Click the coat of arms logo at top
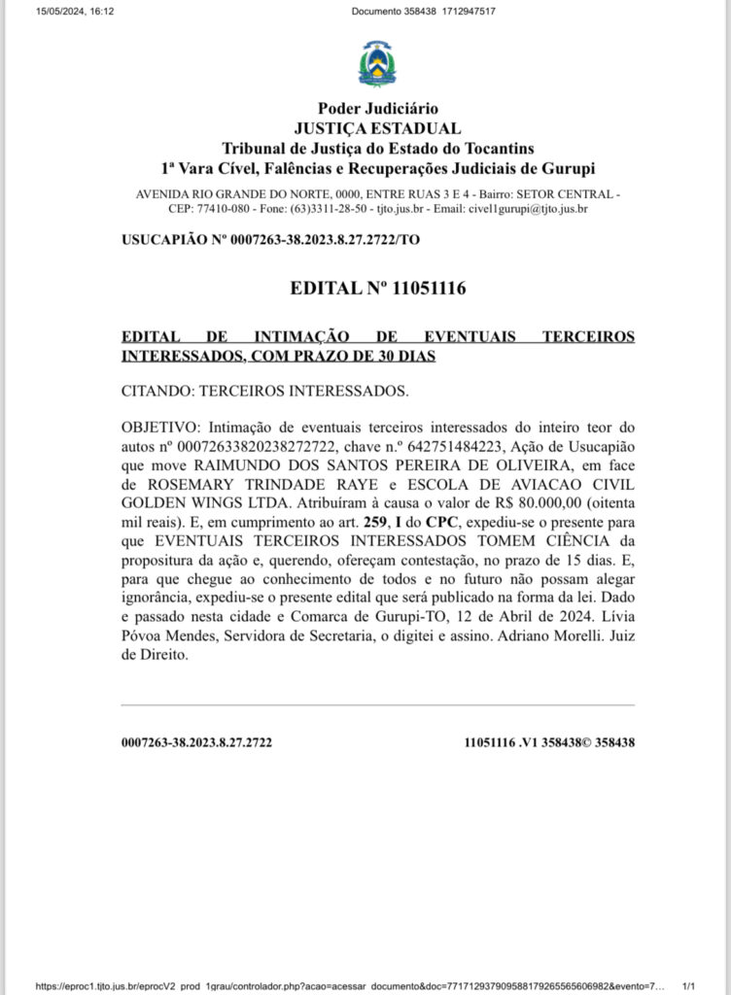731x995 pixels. pyautogui.click(x=377, y=64)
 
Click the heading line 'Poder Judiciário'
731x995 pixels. pyautogui.click(x=377, y=109)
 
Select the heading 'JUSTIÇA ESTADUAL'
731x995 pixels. pyautogui.click(x=377, y=128)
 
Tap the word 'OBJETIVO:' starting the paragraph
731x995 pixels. pyautogui.click(x=159, y=428)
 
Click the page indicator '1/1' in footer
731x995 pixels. pyautogui.click(x=689, y=985)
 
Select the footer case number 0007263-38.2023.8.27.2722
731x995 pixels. pyautogui.click(x=196, y=742)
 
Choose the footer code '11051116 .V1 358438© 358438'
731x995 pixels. pyautogui.click(x=549, y=742)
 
